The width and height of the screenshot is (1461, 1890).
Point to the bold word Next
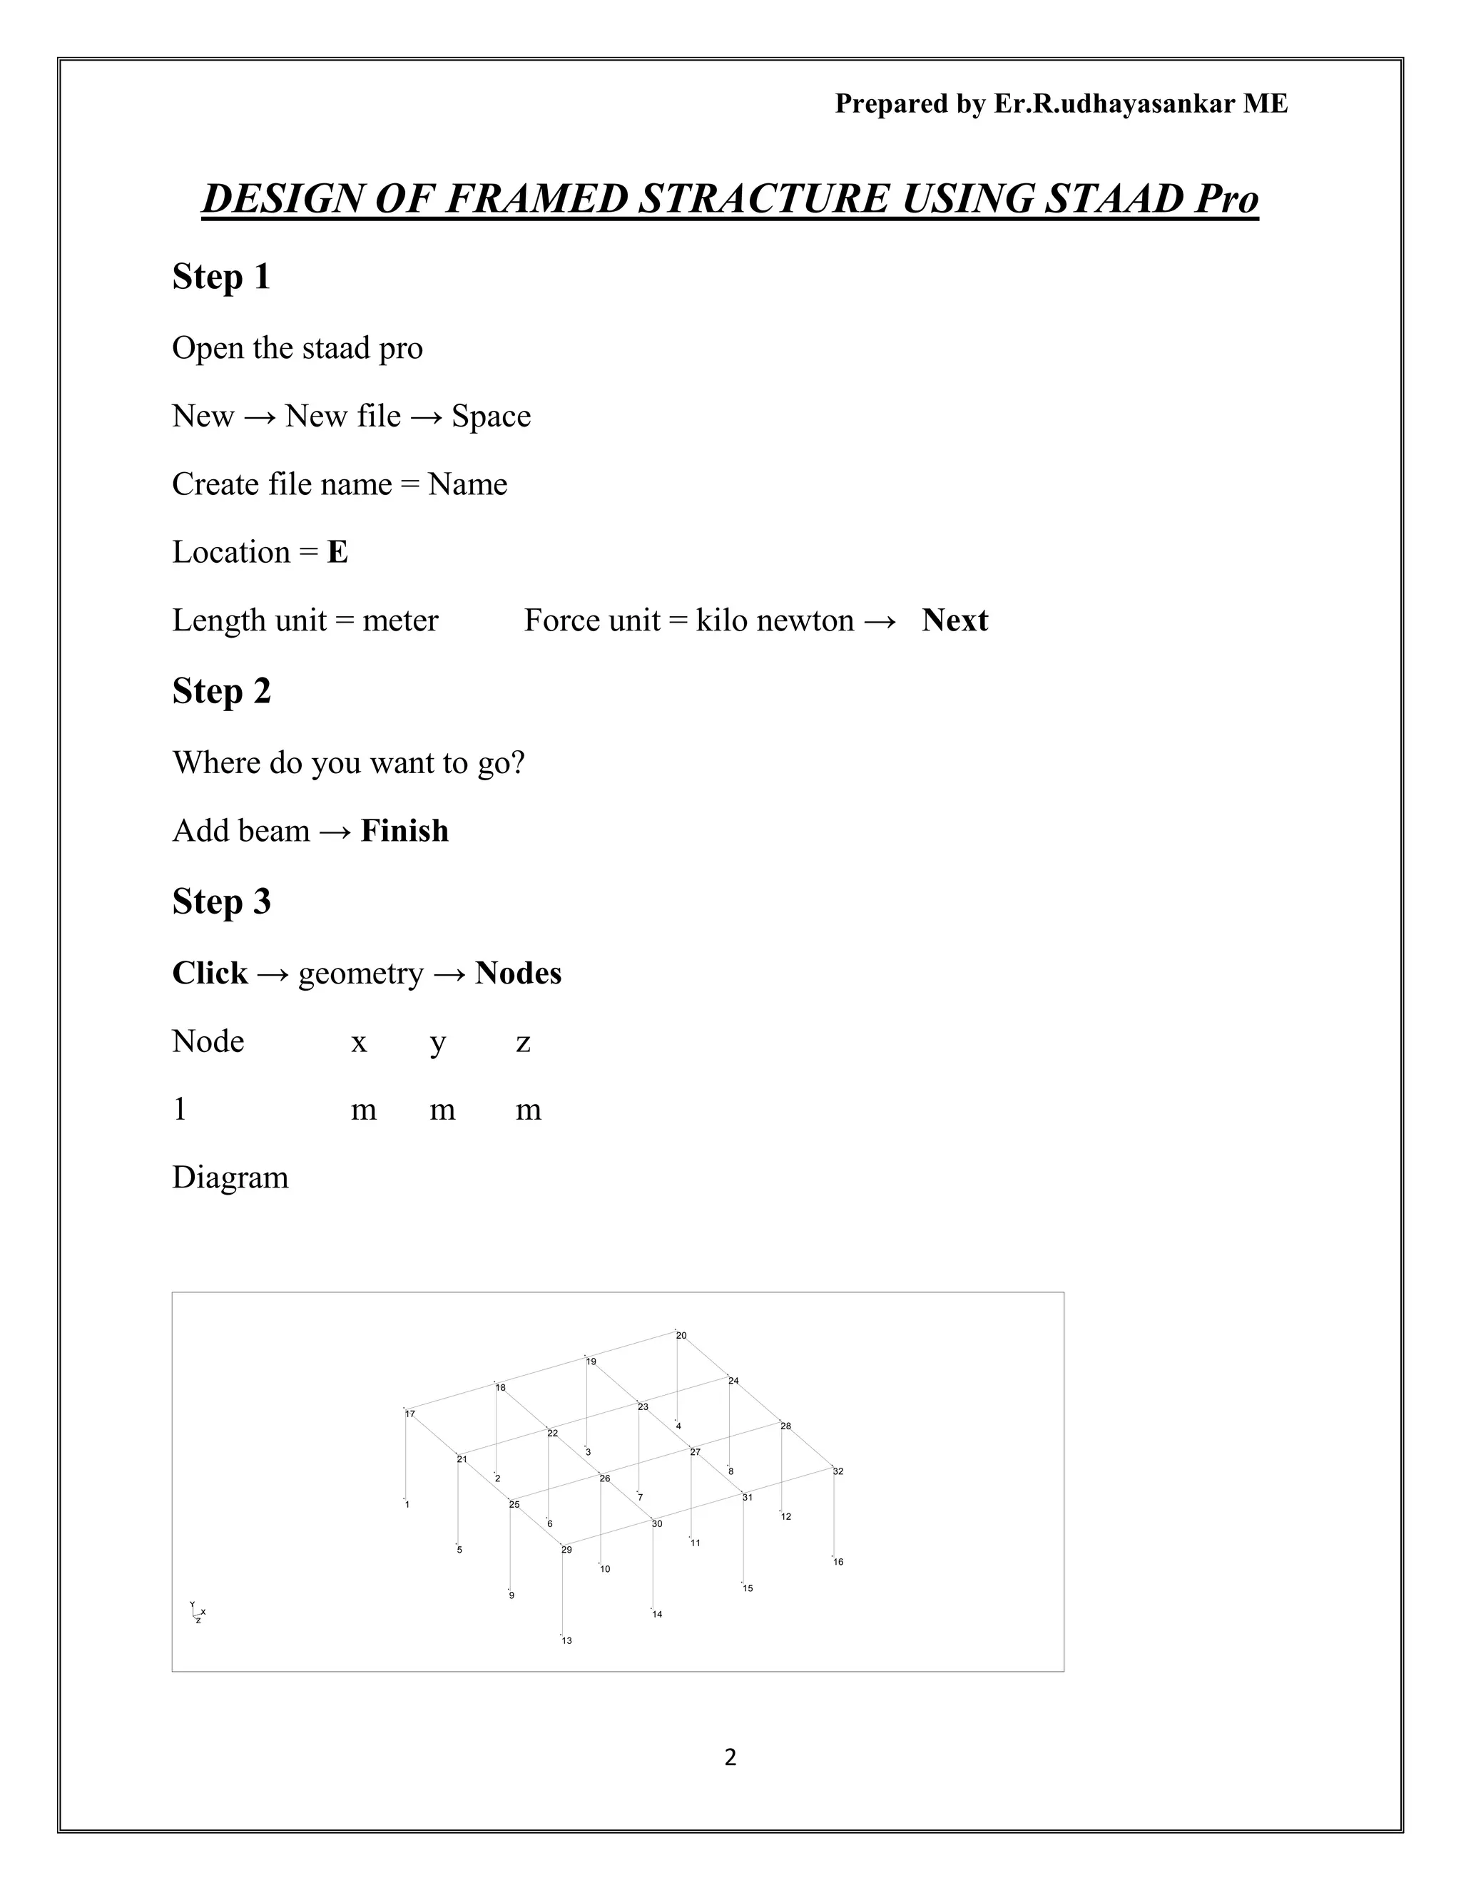(x=954, y=620)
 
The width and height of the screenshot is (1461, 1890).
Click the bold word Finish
(x=404, y=831)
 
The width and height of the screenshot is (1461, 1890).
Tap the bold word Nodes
(x=518, y=974)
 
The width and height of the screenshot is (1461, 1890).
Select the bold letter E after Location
(x=337, y=552)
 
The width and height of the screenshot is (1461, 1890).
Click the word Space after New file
(x=491, y=417)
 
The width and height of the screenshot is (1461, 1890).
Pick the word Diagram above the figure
(x=230, y=1178)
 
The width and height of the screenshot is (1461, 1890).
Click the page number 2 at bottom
(x=730, y=1757)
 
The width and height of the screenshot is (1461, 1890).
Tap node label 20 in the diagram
(x=681, y=1336)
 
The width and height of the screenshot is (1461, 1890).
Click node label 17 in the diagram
(x=410, y=1414)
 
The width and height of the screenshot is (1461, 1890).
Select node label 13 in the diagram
(x=567, y=1641)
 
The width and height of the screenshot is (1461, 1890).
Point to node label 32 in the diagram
(x=838, y=1471)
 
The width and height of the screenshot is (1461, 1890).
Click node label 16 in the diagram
(x=838, y=1562)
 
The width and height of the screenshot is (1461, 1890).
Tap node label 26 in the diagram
(x=605, y=1479)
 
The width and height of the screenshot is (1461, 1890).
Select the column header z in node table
(x=523, y=1043)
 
